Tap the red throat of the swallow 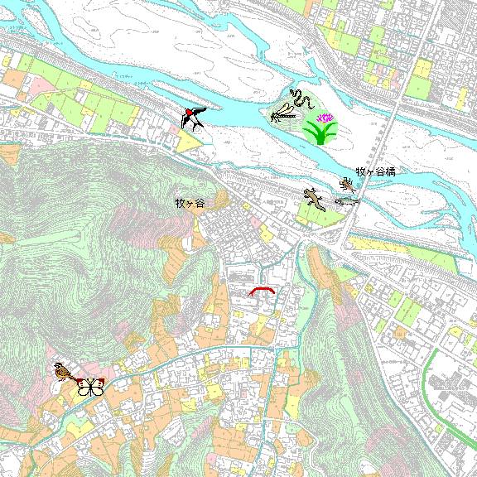190,112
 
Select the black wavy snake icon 300,99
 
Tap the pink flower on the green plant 325,120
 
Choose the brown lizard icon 314,199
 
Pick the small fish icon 348,201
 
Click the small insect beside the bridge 346,184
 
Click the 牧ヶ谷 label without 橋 190,203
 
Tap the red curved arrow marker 262,290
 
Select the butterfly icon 90,386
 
